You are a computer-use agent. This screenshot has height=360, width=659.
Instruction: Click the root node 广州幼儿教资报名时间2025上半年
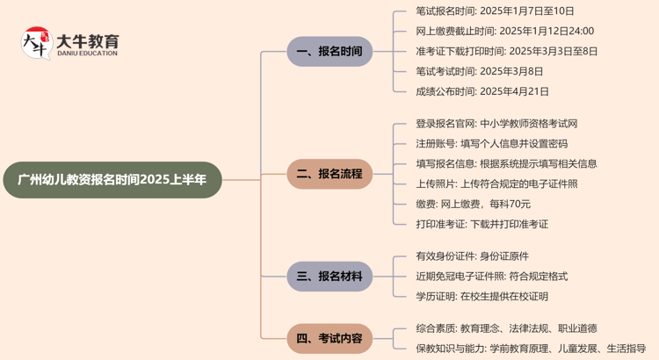112,179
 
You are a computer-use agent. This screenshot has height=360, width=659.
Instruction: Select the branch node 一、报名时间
329,51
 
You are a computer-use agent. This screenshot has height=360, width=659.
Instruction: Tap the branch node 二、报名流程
329,174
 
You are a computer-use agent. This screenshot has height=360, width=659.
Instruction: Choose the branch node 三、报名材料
329,277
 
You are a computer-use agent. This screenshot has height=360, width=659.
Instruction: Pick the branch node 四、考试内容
329,338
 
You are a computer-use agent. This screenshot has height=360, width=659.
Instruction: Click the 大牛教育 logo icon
36,43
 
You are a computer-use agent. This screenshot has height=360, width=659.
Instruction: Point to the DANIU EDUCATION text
87,54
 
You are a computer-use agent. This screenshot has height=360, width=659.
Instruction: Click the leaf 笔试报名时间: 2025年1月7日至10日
495,11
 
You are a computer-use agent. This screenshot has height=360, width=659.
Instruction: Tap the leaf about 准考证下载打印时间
506,51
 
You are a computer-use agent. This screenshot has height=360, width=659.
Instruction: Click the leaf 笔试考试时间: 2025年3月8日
479,71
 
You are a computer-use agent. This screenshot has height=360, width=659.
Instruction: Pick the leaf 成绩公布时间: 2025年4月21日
482,91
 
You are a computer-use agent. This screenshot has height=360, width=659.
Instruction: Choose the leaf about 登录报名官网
496,124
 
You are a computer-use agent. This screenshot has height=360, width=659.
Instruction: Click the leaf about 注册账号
491,144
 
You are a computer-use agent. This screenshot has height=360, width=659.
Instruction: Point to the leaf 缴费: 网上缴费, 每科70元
473,204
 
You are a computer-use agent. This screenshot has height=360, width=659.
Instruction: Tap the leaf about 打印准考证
482,224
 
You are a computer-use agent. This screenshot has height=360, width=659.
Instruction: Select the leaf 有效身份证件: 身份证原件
472,256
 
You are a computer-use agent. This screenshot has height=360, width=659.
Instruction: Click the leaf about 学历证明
482,297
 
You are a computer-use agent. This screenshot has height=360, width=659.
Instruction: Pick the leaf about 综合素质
506,328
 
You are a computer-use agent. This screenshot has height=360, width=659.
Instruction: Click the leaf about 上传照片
496,184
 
